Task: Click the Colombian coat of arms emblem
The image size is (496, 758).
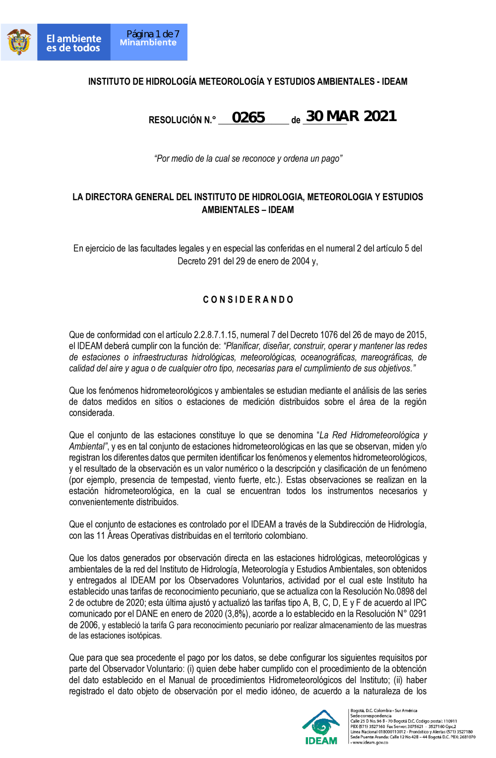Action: (19, 42)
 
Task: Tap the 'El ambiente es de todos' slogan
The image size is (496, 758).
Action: (73, 43)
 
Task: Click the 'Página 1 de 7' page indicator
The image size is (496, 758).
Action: (153, 34)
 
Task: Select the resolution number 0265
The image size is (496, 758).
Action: (248, 118)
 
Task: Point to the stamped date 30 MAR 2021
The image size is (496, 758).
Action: (351, 116)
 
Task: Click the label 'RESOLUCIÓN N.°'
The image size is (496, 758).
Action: (182, 120)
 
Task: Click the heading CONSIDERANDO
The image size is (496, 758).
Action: (248, 300)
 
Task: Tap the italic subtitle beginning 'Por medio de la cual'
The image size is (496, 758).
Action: (248, 159)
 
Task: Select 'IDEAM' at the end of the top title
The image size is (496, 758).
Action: (394, 81)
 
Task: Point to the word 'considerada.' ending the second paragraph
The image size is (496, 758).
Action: (92, 413)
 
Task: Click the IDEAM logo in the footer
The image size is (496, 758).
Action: (321, 727)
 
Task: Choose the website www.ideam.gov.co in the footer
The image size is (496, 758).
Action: (370, 743)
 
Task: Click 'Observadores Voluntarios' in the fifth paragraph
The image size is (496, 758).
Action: (237, 580)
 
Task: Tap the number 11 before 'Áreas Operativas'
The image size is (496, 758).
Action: (101, 536)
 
